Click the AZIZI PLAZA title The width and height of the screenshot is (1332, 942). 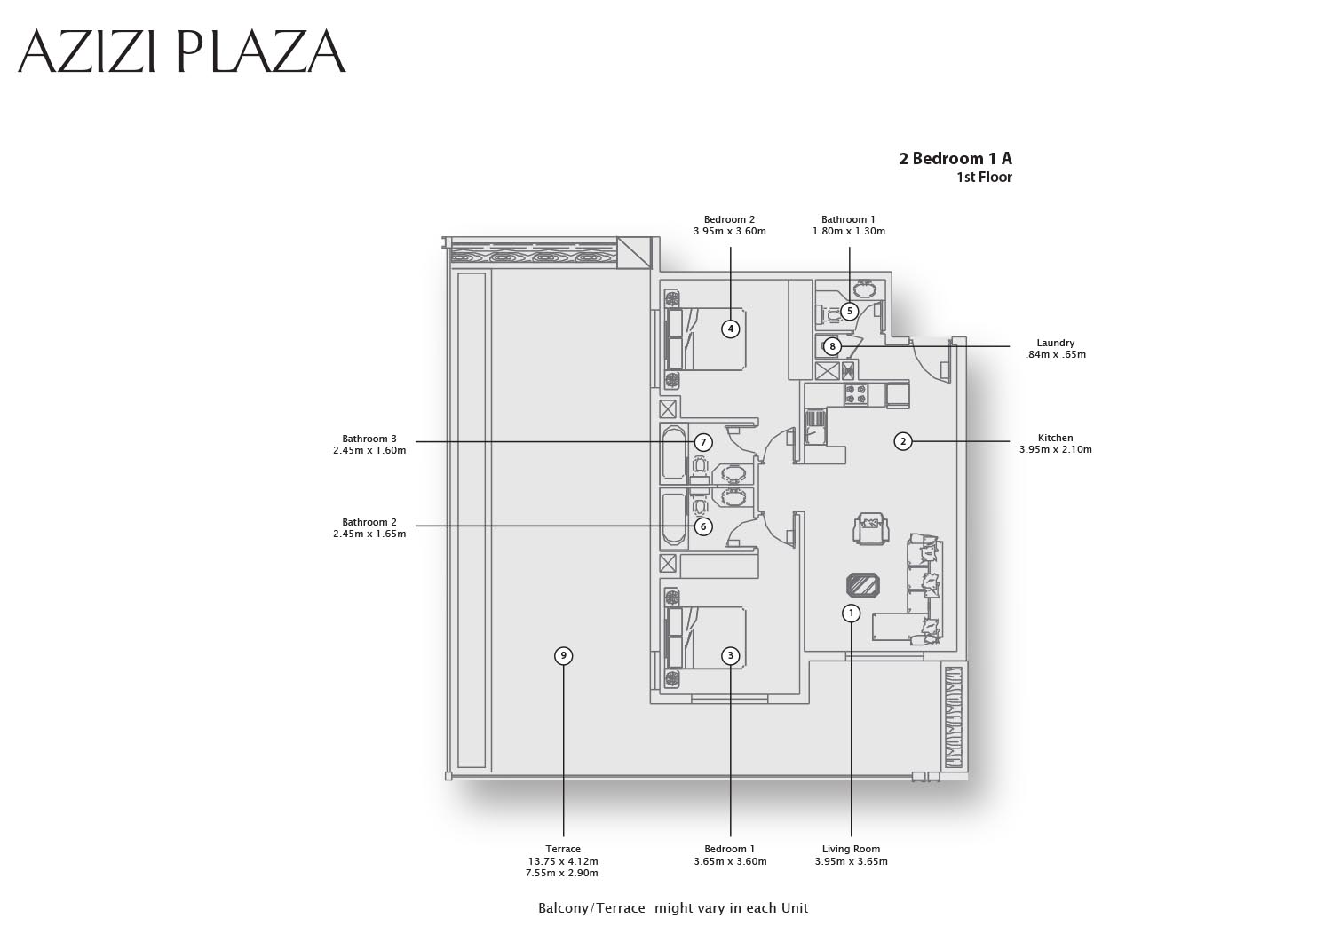tap(181, 51)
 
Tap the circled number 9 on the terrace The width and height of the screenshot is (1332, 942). tap(563, 656)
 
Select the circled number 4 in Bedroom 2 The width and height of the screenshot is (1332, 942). tap(730, 329)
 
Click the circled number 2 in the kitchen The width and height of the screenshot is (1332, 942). tap(903, 441)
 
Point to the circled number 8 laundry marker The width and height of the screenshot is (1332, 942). tap(833, 346)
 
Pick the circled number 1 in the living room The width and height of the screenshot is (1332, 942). tap(851, 613)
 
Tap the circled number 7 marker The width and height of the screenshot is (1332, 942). tap(703, 442)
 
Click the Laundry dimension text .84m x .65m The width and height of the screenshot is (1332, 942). tap(1056, 355)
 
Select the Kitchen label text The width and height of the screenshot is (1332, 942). tap(1056, 438)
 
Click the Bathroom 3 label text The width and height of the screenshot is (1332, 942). tap(369, 439)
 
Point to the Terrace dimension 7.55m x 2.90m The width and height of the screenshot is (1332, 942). tap(562, 873)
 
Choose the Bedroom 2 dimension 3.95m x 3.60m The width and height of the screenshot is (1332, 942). tap(730, 232)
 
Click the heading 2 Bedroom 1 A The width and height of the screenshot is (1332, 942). tap(955, 158)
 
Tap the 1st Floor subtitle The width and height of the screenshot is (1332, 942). tap(984, 178)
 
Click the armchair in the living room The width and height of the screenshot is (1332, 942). tap(871, 528)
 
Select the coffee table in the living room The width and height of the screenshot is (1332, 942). tap(863, 585)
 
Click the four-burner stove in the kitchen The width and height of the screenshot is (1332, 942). tap(856, 394)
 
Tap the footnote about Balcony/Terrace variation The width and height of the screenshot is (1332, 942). tap(673, 908)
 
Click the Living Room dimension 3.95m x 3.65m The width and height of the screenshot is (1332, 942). tap(851, 861)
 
